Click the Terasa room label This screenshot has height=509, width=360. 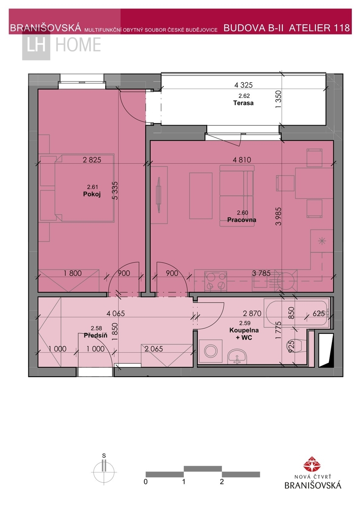tap(243, 103)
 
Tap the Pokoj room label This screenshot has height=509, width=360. tap(92, 194)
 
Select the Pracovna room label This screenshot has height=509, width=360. tap(242, 220)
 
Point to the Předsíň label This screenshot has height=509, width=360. tap(96, 335)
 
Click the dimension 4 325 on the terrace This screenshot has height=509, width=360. tap(243, 85)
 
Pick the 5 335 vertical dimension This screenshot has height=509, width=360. tap(115, 190)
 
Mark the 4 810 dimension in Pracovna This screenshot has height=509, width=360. tap(242, 160)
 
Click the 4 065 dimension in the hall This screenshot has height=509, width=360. tap(115, 313)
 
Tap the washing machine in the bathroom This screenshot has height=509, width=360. tap(211, 351)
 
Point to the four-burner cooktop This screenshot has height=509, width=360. tap(215, 281)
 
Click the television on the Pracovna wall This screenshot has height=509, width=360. tap(159, 195)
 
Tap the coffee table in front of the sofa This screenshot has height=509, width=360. tap(201, 196)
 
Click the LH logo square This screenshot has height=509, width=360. tap(36, 45)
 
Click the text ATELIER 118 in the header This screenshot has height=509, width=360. tap(319, 28)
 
